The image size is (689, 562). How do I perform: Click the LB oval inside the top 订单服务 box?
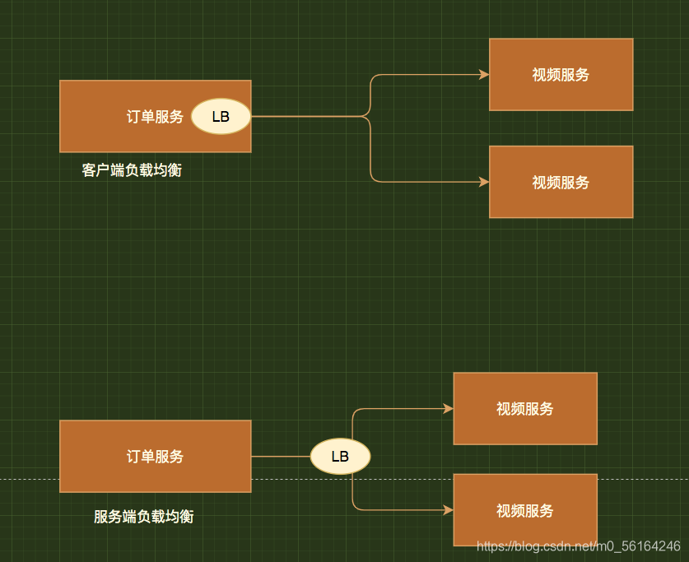coord(221,116)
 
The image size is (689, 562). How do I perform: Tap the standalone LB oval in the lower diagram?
coord(340,456)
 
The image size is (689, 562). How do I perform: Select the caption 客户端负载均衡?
coord(132,170)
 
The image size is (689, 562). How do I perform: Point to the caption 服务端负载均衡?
coord(144,517)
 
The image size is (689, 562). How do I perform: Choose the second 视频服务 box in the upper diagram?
coord(561,182)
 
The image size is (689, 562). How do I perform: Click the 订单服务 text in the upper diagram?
coord(155,117)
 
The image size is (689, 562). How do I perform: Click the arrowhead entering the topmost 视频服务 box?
coord(484,75)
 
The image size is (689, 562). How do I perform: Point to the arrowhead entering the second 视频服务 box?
coord(484,182)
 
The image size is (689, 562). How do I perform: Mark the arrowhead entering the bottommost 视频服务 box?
coord(449,510)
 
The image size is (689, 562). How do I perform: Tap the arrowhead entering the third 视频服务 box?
coord(449,408)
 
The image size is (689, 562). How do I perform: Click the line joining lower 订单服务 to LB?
coord(280,456)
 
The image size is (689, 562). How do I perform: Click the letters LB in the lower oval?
coord(340,456)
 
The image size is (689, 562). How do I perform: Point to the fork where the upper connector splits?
coord(370,116)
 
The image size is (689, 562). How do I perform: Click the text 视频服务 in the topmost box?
coord(561,75)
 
